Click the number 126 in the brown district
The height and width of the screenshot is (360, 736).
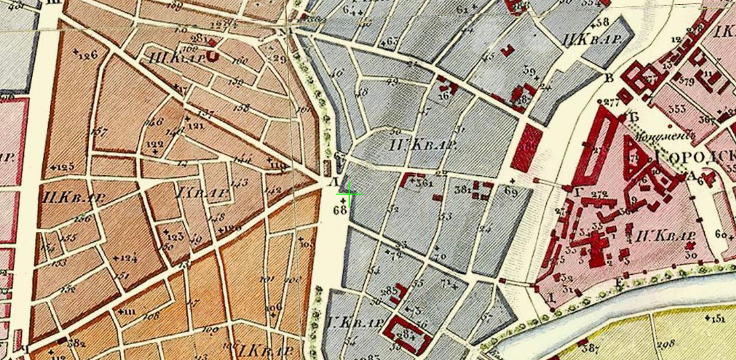(x=86, y=54)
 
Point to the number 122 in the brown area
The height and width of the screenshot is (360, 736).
(x=155, y=145)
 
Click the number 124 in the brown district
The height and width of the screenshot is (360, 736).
(x=126, y=258)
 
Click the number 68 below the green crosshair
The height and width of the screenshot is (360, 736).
(x=340, y=210)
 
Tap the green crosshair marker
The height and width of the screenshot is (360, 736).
(x=349, y=194)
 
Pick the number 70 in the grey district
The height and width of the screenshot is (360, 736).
(x=439, y=256)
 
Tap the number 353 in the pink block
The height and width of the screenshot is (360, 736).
(x=677, y=109)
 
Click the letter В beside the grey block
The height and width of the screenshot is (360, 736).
(x=609, y=79)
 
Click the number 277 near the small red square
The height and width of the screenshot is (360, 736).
(x=610, y=103)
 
